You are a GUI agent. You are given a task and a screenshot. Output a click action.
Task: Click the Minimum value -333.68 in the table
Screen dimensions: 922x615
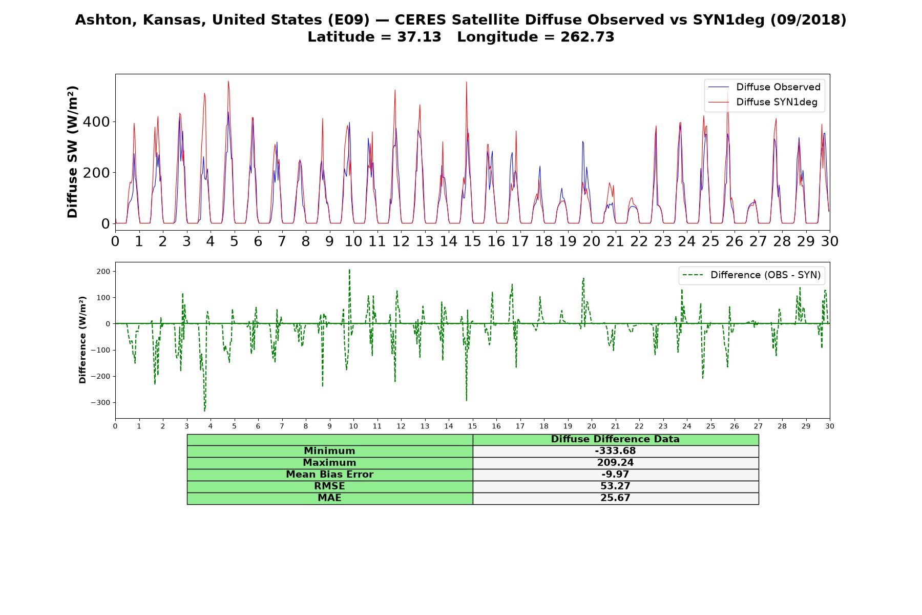[x=615, y=451]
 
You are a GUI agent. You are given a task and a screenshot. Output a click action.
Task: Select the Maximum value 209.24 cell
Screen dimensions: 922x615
[x=615, y=463]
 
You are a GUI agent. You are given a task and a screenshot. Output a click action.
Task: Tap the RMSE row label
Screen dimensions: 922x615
[x=329, y=486]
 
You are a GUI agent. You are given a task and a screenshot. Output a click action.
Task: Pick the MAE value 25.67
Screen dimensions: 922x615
[x=615, y=498]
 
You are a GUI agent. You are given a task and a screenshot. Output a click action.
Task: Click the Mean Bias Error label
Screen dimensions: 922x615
[x=329, y=474]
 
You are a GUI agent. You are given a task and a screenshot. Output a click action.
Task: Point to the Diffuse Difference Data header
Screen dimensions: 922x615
[x=615, y=439]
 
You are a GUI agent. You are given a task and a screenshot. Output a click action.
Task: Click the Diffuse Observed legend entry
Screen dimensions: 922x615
[x=764, y=87]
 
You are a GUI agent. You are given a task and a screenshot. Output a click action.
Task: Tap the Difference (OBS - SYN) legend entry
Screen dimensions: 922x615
[x=752, y=275]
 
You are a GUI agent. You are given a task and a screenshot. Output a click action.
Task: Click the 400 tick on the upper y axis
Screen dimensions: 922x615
[x=98, y=122]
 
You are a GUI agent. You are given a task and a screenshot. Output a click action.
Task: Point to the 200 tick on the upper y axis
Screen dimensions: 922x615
[x=98, y=173]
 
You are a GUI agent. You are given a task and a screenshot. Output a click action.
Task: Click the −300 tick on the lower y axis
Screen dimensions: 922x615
[x=101, y=403]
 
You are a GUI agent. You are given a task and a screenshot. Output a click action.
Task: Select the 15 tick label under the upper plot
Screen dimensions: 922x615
[x=472, y=241]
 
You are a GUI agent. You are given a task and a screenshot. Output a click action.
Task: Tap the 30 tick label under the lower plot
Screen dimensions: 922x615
[x=830, y=426]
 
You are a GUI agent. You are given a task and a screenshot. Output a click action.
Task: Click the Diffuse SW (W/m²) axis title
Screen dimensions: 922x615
[x=73, y=152]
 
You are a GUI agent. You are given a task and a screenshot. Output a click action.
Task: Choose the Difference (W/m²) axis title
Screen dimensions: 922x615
[x=82, y=340]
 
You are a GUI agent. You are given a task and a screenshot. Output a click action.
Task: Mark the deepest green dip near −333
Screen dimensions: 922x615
[x=204, y=411]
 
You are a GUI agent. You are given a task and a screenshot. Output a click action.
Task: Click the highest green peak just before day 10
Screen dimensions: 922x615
[x=349, y=270]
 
